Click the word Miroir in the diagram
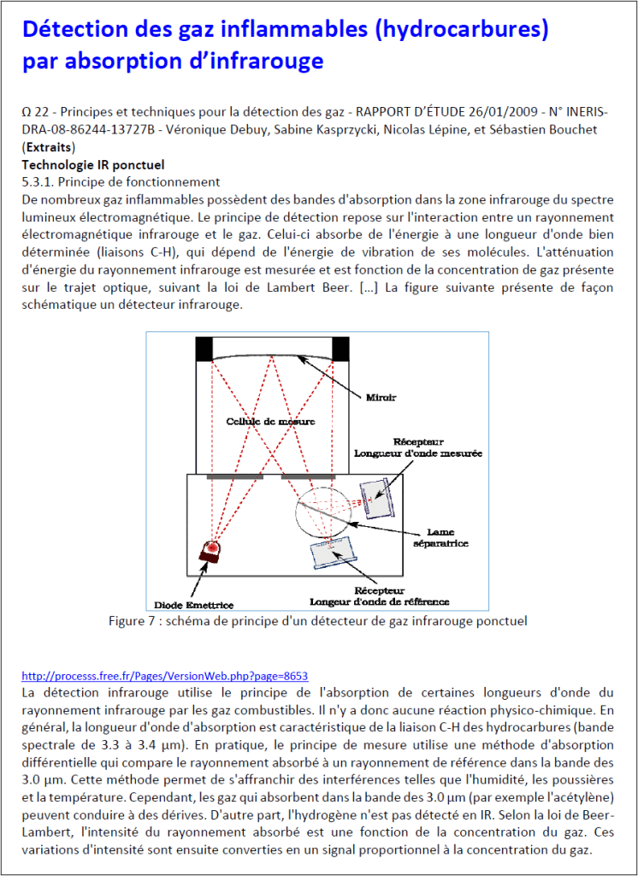click(x=381, y=398)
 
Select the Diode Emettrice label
click(x=194, y=605)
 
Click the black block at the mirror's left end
click(x=204, y=349)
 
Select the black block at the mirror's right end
click(x=340, y=349)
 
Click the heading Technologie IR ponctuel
click(x=92, y=164)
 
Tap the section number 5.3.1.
click(x=38, y=181)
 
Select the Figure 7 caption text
click(x=317, y=620)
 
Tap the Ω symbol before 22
click(x=27, y=112)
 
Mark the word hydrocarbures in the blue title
click(x=461, y=29)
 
